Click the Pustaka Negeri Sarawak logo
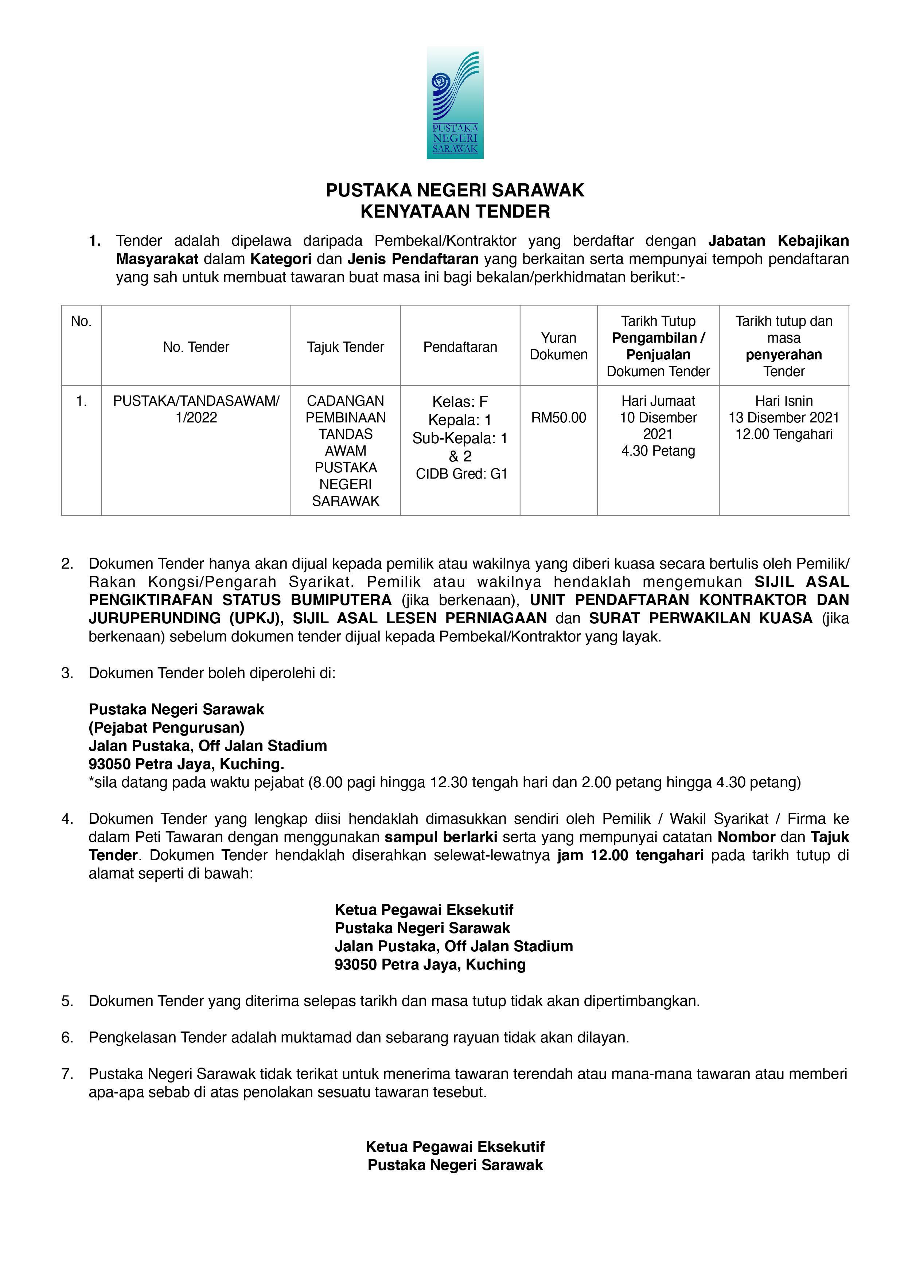point(455,102)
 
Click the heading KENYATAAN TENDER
point(455,212)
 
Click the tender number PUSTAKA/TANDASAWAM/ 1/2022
point(196,409)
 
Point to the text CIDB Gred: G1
point(461,474)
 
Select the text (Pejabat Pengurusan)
point(167,728)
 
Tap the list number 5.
point(67,1001)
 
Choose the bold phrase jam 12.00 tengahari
point(631,855)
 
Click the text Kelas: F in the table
point(460,402)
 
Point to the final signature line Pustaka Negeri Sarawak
point(455,1165)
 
